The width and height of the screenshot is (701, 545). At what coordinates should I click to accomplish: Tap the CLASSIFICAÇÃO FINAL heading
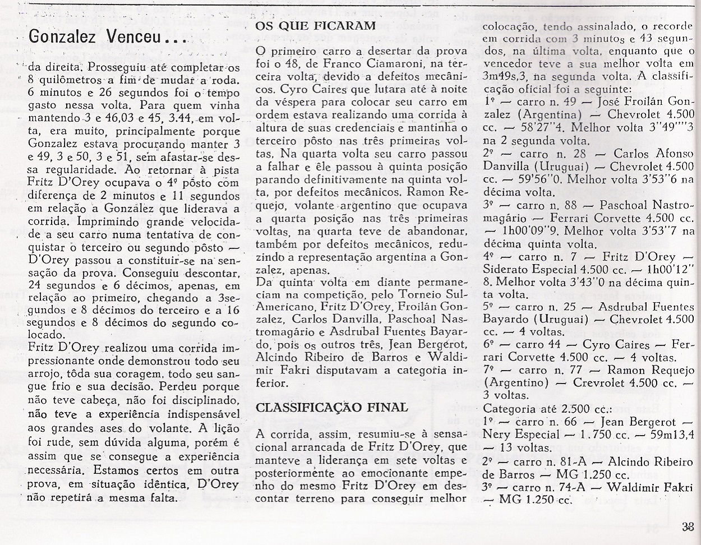(331, 407)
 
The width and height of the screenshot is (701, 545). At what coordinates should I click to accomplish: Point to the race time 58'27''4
(548, 127)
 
